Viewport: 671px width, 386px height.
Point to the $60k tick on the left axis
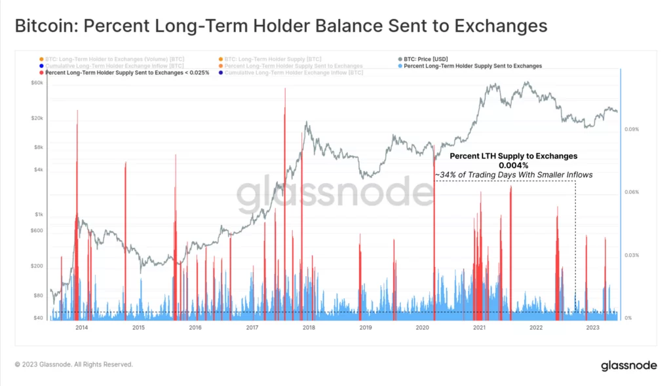click(x=36, y=83)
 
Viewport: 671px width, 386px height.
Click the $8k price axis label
click(x=38, y=147)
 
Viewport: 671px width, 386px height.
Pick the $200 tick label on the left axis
click(x=37, y=266)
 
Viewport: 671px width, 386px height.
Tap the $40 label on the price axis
click(x=38, y=318)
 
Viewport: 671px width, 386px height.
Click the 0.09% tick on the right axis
click(x=632, y=130)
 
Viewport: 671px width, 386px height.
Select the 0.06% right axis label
click(x=632, y=192)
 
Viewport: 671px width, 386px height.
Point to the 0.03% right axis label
click(x=632, y=255)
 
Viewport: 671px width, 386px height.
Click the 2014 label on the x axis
click(x=81, y=327)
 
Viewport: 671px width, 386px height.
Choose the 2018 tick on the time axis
click(x=309, y=327)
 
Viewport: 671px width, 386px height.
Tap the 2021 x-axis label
click(x=479, y=327)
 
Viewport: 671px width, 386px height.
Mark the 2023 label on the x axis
click(x=592, y=327)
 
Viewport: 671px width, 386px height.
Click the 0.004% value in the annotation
click(x=513, y=166)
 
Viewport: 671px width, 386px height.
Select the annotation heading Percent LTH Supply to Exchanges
click(x=513, y=156)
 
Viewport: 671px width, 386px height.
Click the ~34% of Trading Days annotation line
click(x=513, y=175)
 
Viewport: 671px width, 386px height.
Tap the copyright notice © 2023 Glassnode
click(x=73, y=364)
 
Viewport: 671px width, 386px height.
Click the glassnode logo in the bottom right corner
click(x=628, y=365)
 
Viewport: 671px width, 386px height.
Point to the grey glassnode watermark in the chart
click(x=335, y=194)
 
